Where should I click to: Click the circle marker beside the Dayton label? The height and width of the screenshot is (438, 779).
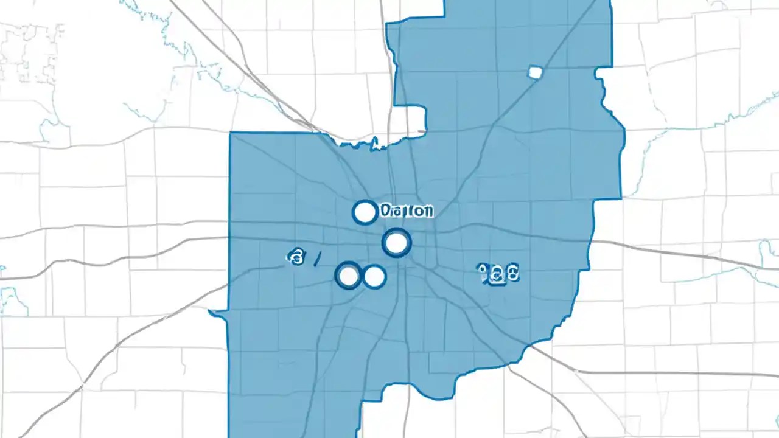click(x=365, y=212)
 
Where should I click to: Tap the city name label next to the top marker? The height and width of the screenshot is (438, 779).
click(x=407, y=211)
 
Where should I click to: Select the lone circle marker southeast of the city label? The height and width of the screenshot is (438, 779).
click(x=396, y=243)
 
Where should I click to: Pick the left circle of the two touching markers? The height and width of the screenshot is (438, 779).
click(x=349, y=276)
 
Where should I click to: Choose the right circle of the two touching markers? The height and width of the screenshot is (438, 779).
click(x=374, y=277)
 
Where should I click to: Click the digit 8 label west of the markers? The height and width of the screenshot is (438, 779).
click(x=295, y=258)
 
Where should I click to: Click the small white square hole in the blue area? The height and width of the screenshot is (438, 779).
click(x=535, y=72)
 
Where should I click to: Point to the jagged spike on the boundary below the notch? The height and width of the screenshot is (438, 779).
click(x=376, y=144)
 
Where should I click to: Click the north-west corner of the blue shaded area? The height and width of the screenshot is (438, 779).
click(x=231, y=134)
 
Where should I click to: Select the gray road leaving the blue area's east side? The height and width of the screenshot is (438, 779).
click(x=669, y=251)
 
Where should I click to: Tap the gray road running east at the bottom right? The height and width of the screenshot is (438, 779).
click(x=669, y=372)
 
